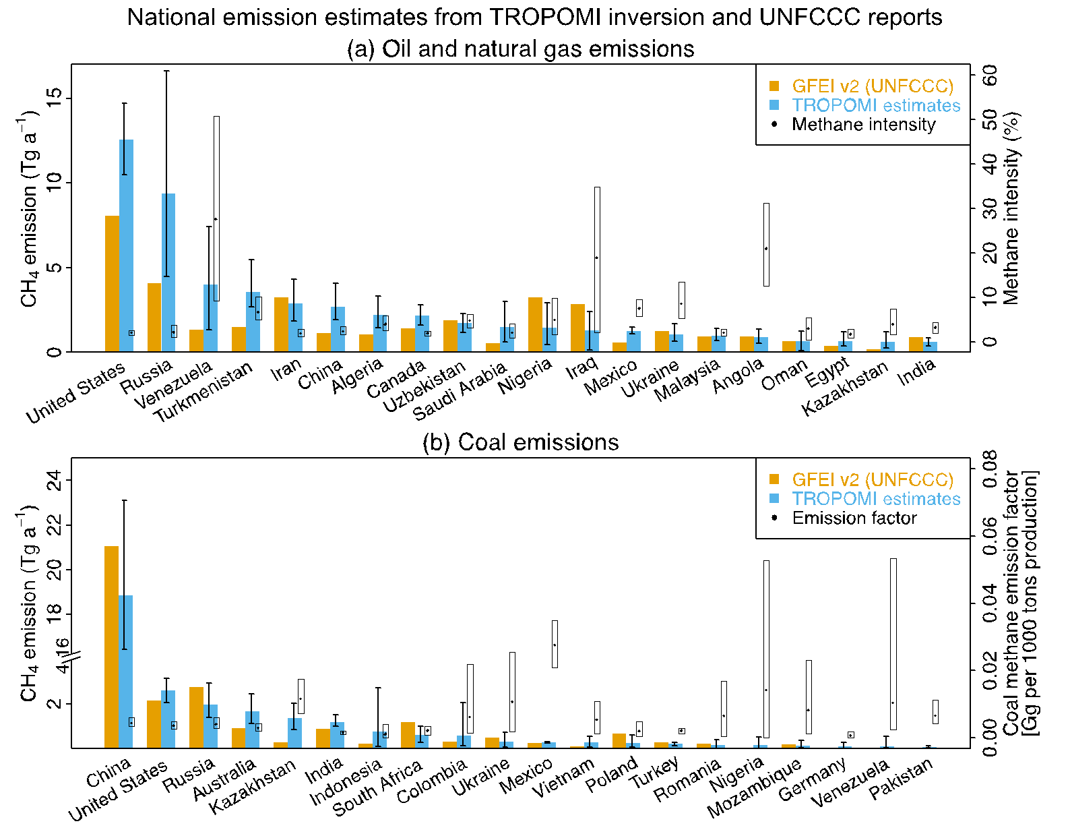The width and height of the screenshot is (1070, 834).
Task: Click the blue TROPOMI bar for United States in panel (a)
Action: coord(126,245)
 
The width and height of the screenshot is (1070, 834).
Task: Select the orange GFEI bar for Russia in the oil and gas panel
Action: coord(154,317)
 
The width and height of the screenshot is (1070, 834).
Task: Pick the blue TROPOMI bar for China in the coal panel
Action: coord(125,671)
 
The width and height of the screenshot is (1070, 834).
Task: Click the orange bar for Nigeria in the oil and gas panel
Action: coord(535,324)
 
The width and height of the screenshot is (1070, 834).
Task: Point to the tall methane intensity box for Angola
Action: coord(766,244)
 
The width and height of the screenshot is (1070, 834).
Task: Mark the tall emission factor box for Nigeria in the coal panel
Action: coord(766,649)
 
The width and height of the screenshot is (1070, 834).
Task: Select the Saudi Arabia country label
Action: coord(460,392)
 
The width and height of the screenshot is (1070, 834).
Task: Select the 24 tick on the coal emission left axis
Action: coord(55,480)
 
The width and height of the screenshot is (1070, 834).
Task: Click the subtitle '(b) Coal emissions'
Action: coord(520,442)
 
